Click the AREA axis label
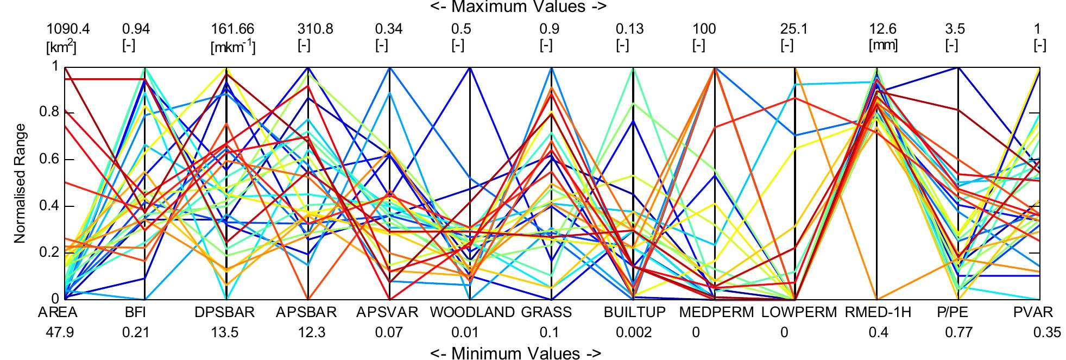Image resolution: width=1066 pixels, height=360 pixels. point(58,313)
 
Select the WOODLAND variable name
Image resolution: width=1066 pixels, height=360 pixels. point(472,313)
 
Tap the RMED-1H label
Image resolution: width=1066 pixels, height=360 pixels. point(878,313)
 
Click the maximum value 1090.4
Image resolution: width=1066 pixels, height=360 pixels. point(68,29)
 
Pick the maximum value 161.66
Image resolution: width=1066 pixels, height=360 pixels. point(232,29)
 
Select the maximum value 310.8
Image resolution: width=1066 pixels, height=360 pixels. point(315,29)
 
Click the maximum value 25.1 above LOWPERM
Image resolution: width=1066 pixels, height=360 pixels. point(794,29)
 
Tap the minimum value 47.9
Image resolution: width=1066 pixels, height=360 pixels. point(60,332)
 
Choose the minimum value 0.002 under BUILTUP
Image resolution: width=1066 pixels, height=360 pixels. point(634,332)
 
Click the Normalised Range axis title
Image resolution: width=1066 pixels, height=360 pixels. point(20,183)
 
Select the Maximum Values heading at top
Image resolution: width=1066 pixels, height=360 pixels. point(518,7)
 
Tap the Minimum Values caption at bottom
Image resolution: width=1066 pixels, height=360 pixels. point(516,353)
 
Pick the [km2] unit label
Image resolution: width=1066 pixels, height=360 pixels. point(61,47)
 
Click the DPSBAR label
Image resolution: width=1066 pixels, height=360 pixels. point(225,313)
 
